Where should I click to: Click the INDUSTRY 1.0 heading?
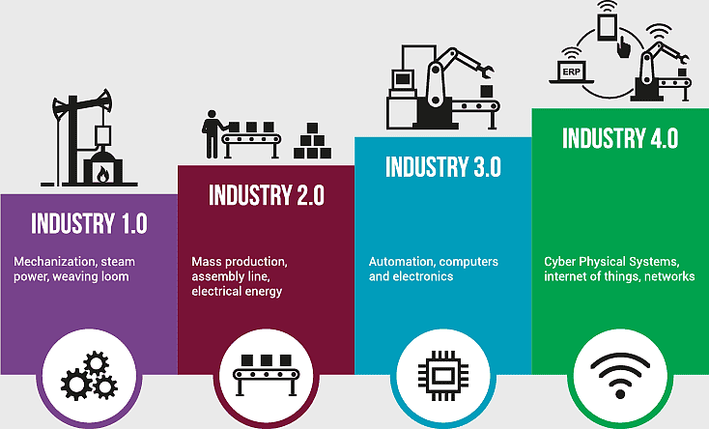(x=90, y=223)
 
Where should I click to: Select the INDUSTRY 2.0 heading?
(x=267, y=195)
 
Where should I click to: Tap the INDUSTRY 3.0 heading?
(x=443, y=166)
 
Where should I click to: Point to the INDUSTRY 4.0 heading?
(x=620, y=137)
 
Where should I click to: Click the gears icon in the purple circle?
(x=89, y=376)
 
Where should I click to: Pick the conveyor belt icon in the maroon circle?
(x=267, y=375)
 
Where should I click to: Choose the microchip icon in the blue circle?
(x=443, y=376)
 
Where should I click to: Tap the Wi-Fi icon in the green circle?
(x=620, y=376)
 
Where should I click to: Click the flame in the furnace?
(x=103, y=174)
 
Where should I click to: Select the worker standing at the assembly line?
(x=211, y=134)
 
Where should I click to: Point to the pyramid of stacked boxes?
(x=312, y=141)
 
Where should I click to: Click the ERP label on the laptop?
(x=572, y=71)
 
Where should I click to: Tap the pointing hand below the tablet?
(x=623, y=46)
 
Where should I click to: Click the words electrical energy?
(x=237, y=292)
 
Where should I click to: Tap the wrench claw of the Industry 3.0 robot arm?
(x=487, y=71)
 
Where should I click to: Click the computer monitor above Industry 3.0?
(x=403, y=80)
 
